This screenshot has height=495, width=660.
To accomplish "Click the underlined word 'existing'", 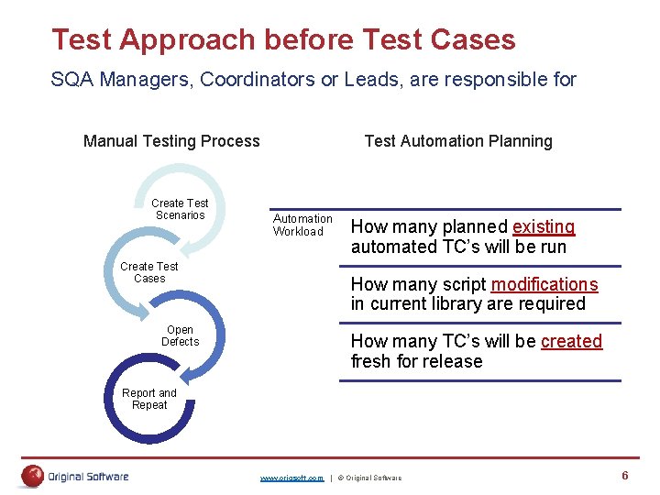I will click(x=544, y=226).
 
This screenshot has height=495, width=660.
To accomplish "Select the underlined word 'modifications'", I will click(x=544, y=284).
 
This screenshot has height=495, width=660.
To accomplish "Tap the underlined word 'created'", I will click(x=571, y=341).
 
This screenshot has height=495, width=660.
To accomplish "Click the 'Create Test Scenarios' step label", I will click(x=180, y=209).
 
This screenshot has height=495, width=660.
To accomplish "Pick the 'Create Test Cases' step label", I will click(x=149, y=272).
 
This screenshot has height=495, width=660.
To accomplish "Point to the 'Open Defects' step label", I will click(x=180, y=335).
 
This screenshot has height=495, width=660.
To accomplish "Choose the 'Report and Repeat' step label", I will click(x=149, y=399).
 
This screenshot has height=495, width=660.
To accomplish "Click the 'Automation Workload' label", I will click(x=302, y=225).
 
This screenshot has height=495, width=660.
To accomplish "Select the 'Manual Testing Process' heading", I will click(x=171, y=141).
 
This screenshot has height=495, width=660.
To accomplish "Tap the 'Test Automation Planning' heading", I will click(x=458, y=141).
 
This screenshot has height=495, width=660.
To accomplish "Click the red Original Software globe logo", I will click(x=33, y=476).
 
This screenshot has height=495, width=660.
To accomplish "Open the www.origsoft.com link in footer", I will click(x=291, y=478).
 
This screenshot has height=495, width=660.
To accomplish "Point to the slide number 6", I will click(x=624, y=475).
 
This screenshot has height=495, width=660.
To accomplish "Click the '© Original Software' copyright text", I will click(x=368, y=478).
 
